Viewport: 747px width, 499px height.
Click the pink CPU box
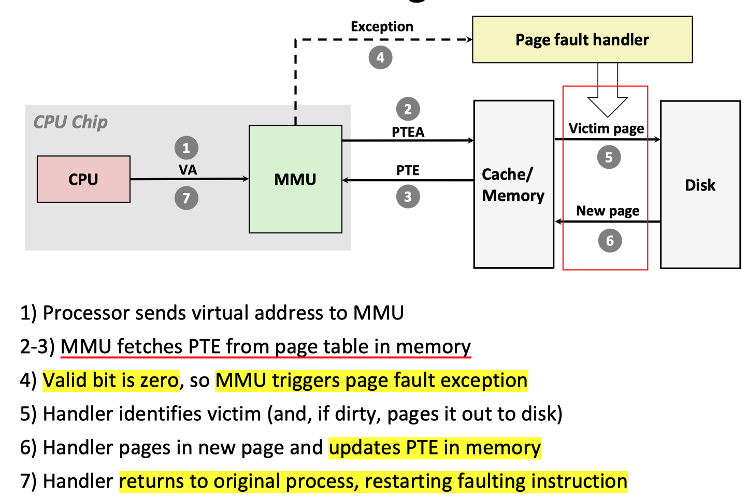(x=83, y=179)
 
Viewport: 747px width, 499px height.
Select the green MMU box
(x=295, y=179)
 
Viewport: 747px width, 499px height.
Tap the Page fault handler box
(x=582, y=40)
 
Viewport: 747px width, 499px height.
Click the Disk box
(x=700, y=185)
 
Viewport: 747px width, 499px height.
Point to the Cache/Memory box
(x=513, y=185)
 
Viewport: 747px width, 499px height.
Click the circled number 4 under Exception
(x=380, y=57)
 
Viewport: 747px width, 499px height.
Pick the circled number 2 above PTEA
(x=408, y=109)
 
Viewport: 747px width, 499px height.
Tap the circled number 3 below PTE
(x=408, y=197)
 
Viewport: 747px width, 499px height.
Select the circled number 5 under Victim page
(x=609, y=157)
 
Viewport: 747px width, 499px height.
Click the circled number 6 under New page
(x=610, y=241)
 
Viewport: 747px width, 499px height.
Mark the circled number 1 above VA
(x=186, y=148)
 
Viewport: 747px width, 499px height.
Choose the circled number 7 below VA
(x=186, y=198)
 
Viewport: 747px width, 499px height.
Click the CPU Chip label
(x=70, y=122)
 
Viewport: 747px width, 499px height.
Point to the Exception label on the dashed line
(x=382, y=26)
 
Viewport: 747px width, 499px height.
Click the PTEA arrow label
(x=408, y=132)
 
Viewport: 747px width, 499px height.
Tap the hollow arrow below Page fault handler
(x=608, y=98)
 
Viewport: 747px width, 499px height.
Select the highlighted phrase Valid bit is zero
(x=110, y=380)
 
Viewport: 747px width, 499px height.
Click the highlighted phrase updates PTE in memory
(x=435, y=448)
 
